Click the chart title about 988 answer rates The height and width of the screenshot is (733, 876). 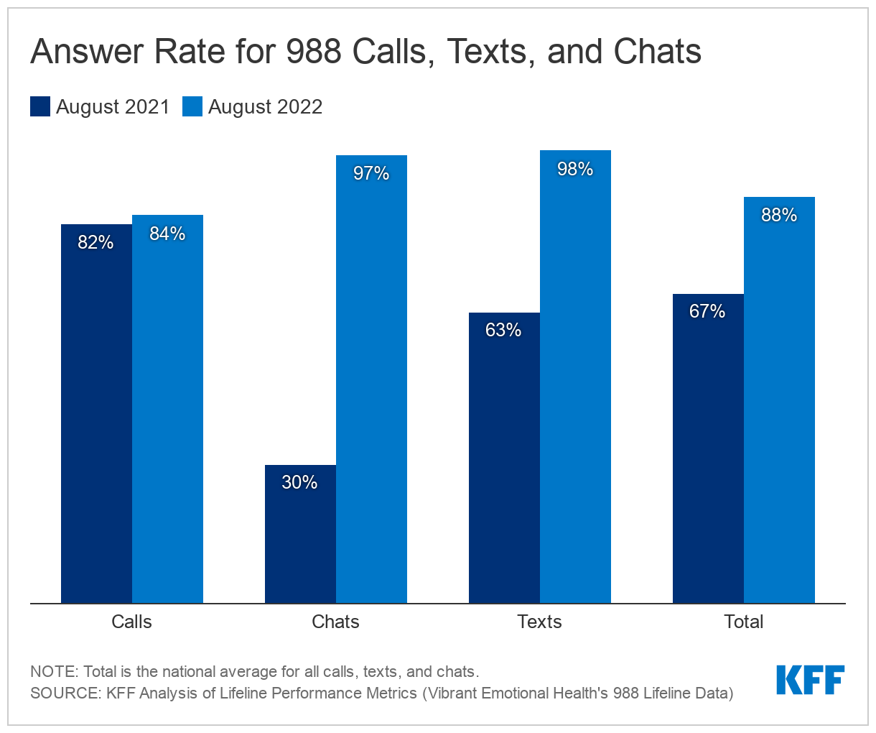pyautogui.click(x=365, y=52)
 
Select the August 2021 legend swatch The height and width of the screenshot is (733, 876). pyautogui.click(x=40, y=107)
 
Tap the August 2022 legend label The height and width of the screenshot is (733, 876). pyautogui.click(x=265, y=107)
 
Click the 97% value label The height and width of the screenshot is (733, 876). pyautogui.click(x=371, y=173)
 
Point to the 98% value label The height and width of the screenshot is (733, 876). pyautogui.click(x=575, y=169)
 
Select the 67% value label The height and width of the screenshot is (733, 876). pyautogui.click(x=707, y=311)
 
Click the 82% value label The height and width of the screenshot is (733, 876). pyautogui.click(x=95, y=242)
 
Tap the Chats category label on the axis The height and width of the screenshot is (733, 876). pyautogui.click(x=335, y=622)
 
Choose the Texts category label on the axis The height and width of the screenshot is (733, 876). pyautogui.click(x=539, y=622)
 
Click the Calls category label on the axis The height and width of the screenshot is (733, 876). pyautogui.click(x=131, y=622)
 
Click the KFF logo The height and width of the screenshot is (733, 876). pyautogui.click(x=810, y=680)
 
